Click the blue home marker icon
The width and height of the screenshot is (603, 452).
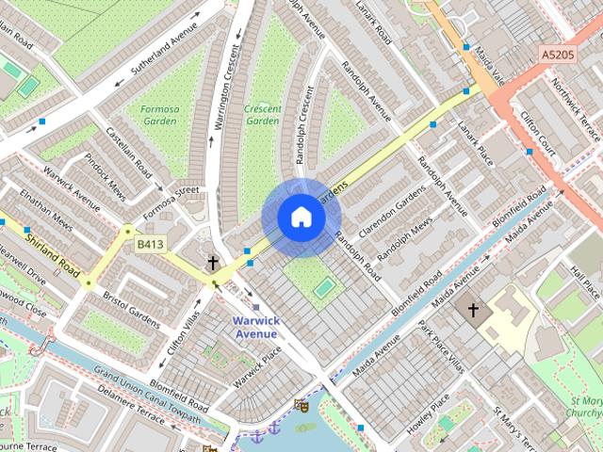(x=301, y=218)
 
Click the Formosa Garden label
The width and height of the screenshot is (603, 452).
(x=158, y=115)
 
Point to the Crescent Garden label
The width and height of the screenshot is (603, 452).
(x=262, y=115)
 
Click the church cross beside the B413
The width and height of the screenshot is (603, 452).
(x=213, y=263)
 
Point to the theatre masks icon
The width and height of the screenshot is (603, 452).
(x=301, y=405)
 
